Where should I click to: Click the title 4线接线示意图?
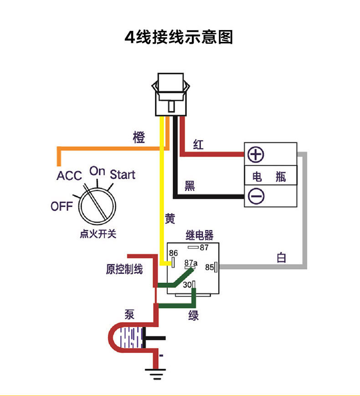179,36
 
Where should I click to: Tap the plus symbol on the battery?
256,155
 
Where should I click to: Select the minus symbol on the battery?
256,196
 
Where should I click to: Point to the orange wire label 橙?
139,137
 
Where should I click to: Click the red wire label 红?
198,145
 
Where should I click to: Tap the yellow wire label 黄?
170,219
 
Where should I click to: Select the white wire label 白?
282,258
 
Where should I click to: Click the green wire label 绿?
194,315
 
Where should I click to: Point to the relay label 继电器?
199,235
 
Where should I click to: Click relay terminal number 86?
174,253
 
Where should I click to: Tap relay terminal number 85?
210,268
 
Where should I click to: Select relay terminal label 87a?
191,263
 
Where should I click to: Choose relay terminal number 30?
187,285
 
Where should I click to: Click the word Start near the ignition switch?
123,174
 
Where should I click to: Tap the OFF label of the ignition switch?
62,206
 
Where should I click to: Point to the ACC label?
69,176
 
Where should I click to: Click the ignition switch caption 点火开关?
98,234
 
